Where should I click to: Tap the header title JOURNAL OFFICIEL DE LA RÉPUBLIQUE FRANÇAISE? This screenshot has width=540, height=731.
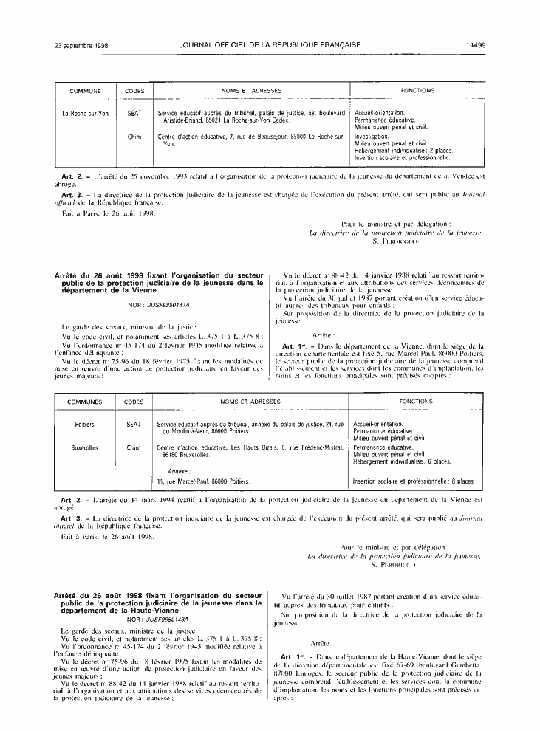click(x=270, y=45)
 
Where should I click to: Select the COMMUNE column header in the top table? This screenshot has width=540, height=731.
click(x=85, y=91)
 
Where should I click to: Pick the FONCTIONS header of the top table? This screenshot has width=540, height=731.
click(x=417, y=91)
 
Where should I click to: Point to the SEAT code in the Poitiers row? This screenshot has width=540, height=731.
click(x=134, y=425)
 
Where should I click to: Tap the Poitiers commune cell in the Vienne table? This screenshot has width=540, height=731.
click(x=85, y=425)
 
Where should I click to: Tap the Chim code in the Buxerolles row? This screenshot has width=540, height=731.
click(x=134, y=447)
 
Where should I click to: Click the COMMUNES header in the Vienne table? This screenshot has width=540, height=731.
click(x=85, y=402)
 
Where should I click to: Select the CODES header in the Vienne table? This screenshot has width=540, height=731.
click(x=134, y=402)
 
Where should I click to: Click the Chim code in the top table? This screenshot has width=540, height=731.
click(x=134, y=137)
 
